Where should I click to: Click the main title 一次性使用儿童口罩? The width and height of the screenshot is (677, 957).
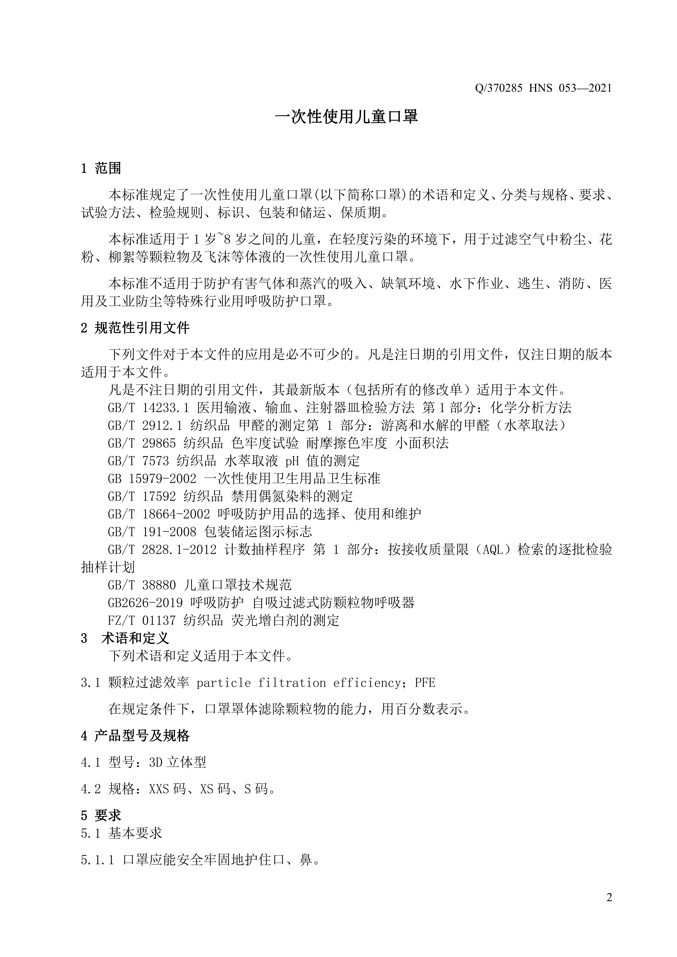pyautogui.click(x=346, y=117)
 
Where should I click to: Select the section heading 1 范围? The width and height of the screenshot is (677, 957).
pyautogui.click(x=101, y=168)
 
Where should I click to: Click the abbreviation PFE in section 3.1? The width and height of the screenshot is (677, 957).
pyautogui.click(x=425, y=683)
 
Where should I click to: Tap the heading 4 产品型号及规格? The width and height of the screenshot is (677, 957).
pyautogui.click(x=135, y=736)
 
